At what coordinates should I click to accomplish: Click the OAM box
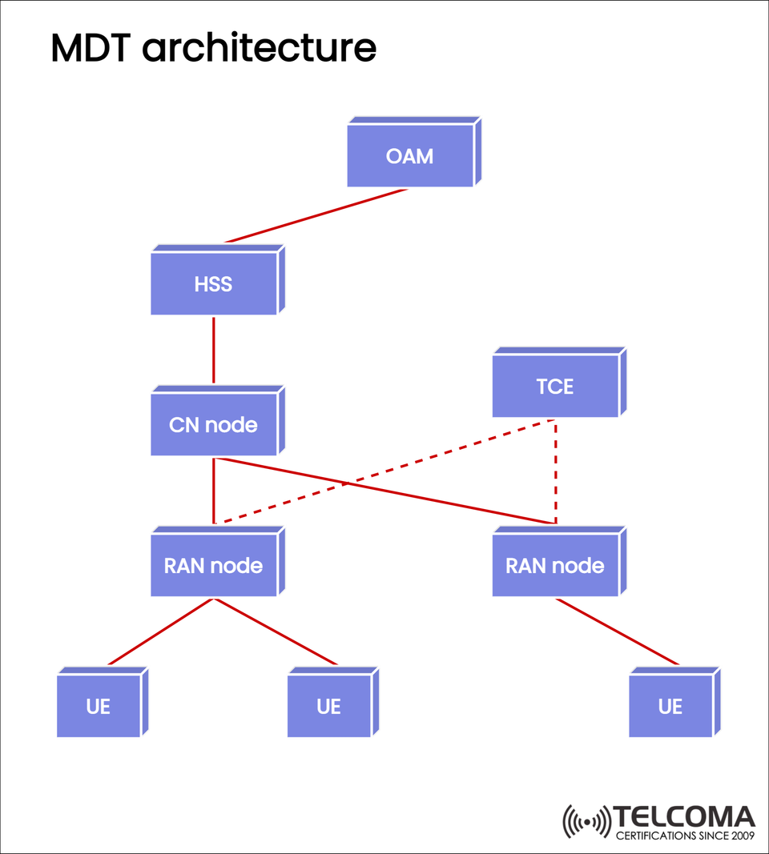[x=410, y=156]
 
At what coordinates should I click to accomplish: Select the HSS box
[x=214, y=284]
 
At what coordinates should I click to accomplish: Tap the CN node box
[x=214, y=425]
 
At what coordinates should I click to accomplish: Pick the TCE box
[x=555, y=387]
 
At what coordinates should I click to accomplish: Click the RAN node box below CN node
[x=214, y=566]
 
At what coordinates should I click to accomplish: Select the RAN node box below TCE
[x=555, y=566]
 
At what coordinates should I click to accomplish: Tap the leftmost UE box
[x=99, y=707]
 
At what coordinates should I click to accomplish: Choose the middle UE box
[x=328, y=707]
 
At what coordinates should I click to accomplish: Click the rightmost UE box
[x=670, y=707]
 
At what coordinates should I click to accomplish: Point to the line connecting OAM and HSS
[x=316, y=215]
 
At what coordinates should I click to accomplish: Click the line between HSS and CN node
[x=214, y=350]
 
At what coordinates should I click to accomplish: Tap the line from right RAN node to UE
[x=617, y=631]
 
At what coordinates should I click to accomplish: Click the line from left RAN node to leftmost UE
[x=160, y=631]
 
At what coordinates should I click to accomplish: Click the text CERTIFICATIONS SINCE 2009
[x=685, y=836]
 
